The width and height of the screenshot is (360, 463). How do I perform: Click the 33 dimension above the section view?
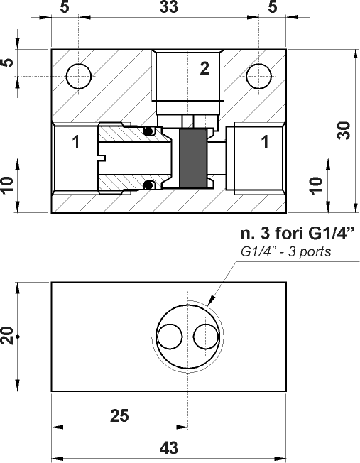[x=168, y=8]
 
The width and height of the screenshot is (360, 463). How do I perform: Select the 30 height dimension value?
[x=344, y=131]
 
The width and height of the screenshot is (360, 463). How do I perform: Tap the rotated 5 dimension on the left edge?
[x=8, y=62]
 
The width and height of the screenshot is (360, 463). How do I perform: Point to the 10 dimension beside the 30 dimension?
[x=317, y=185]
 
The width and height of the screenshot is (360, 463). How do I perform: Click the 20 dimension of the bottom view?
[x=8, y=335]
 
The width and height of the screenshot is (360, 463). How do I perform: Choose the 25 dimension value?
[x=120, y=416]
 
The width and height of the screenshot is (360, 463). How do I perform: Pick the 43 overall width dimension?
[x=168, y=449]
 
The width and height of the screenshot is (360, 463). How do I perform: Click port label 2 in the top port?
[x=204, y=69]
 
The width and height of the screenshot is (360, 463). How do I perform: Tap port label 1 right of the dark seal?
[x=265, y=142]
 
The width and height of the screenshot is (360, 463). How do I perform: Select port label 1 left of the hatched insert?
[x=75, y=142]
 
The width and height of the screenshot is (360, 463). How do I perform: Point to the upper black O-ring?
[x=149, y=131]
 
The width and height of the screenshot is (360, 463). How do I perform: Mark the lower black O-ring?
[x=149, y=186]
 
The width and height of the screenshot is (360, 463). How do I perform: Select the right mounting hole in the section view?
[x=258, y=76]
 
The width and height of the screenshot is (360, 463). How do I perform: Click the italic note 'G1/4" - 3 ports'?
[x=286, y=252]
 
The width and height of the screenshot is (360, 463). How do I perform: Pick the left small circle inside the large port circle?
[x=170, y=336]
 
